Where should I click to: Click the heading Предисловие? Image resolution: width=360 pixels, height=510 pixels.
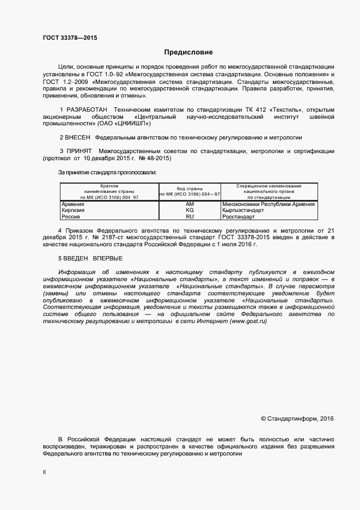pyautogui.click(x=188, y=52)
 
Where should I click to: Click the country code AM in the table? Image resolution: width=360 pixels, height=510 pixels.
pyautogui.click(x=190, y=204)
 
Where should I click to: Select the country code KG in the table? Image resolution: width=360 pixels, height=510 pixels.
pyautogui.click(x=190, y=210)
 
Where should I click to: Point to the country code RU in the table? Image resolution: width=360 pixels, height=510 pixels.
pyautogui.click(x=190, y=216)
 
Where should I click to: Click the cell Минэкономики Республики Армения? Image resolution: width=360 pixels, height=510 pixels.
pyautogui.click(x=269, y=204)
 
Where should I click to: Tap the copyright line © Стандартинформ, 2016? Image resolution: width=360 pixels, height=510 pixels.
pyautogui.click(x=297, y=418)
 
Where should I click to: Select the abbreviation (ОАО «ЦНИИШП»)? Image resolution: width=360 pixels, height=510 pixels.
pyautogui.click(x=122, y=124)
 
